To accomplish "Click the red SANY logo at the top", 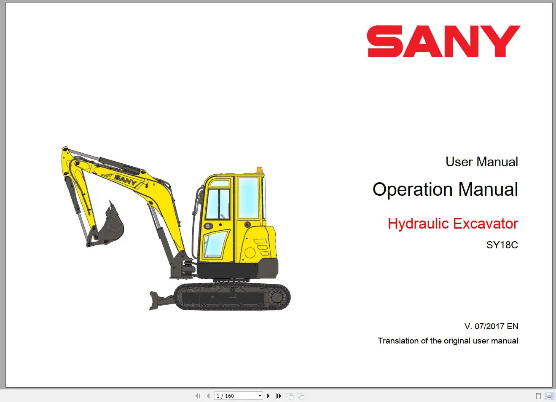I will pos(443,41).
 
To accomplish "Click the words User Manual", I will pos(481,162).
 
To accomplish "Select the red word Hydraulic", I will pos(418,224).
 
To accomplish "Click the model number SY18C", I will pos(502,245).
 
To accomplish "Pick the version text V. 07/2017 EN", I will pos(491,326).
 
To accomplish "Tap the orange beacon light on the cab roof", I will pos(259,170).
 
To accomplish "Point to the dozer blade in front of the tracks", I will pos(158,300).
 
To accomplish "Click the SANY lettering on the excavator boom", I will pos(125,180).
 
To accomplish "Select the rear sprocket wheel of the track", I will pos(278,297).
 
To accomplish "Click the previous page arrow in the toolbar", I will pos(208,396).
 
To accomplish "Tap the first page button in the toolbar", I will pos(198,396).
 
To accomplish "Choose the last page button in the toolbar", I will pos(279,396).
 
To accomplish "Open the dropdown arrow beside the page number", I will pos(260,396).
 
